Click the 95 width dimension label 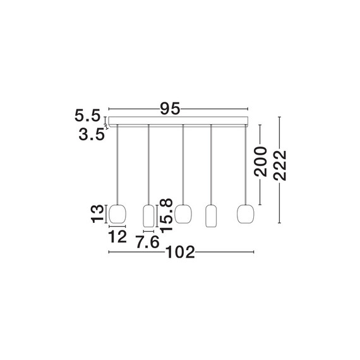pyautogui.click(x=170, y=109)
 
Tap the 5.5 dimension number pyautogui.click(x=88, y=116)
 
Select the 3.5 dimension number pyautogui.click(x=92, y=135)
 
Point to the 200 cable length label pyautogui.click(x=261, y=162)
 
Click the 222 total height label pyautogui.click(x=280, y=165)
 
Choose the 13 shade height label pyautogui.click(x=98, y=213)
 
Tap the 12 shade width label pyautogui.click(x=117, y=237)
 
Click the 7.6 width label pyautogui.click(x=148, y=242)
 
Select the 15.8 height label pyautogui.click(x=166, y=215)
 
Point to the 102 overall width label pyautogui.click(x=180, y=252)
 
